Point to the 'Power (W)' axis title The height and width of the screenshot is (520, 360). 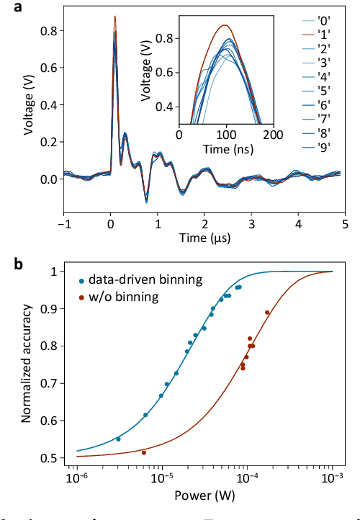coord(204,496)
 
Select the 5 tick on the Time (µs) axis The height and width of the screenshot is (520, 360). coord(345,224)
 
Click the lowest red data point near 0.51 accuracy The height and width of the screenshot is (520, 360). coord(144,452)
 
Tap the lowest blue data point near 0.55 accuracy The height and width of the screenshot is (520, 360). coord(118,439)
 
